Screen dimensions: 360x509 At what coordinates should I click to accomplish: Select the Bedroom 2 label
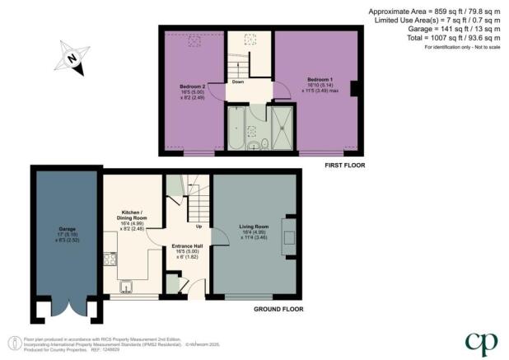(192, 86)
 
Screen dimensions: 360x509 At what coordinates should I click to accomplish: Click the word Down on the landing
(236, 82)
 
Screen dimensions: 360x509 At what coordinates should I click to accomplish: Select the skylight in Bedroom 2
(194, 41)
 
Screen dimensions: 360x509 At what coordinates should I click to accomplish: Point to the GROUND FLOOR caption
(278, 310)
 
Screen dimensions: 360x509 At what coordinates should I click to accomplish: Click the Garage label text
(67, 230)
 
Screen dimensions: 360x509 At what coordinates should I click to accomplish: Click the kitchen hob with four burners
(109, 259)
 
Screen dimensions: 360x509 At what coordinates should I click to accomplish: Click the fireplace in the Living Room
(288, 236)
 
